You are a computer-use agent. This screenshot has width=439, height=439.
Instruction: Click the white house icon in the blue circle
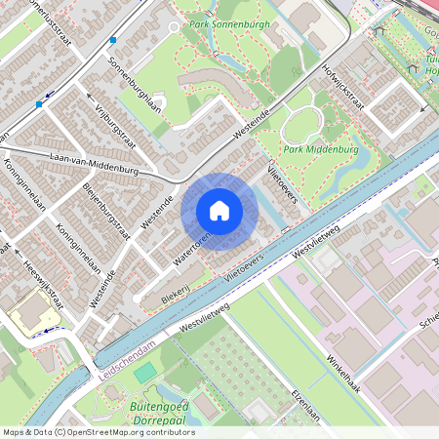(x=219, y=210)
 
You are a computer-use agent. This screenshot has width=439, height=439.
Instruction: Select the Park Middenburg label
(x=319, y=150)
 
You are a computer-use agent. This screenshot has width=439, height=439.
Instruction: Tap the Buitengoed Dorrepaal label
(x=158, y=411)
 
